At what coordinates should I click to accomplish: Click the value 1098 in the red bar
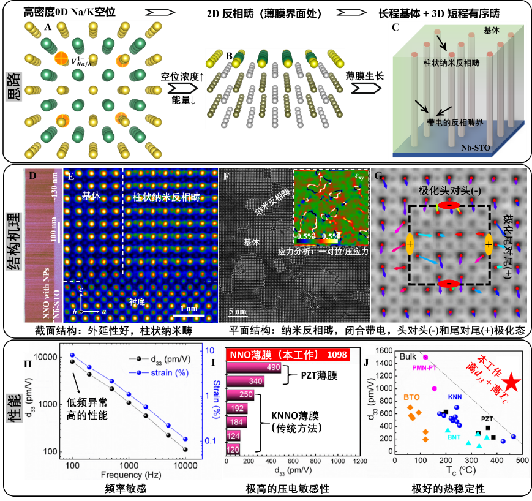pyautogui.click(x=337, y=355)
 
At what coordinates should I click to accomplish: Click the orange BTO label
pyautogui.click(x=411, y=396)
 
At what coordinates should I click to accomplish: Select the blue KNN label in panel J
pyautogui.click(x=455, y=397)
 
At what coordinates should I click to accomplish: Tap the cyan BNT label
pyautogui.click(x=454, y=437)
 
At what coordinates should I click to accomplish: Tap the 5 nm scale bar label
pyautogui.click(x=238, y=311)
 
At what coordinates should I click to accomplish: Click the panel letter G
pyautogui.click(x=379, y=176)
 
